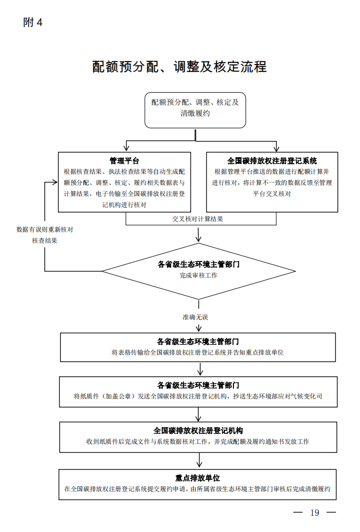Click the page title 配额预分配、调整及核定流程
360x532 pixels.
pos(179,67)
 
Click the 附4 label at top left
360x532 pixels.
pos(33,23)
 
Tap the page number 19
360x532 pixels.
pos(315,513)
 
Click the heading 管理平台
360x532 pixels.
pos(125,161)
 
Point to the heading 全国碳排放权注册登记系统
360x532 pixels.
pos(272,161)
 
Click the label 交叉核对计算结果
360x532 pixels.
pos(198,219)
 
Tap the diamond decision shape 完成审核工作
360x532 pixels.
pos(199,271)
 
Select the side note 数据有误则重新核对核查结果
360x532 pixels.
pos(45,235)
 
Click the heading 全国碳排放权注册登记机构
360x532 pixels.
pos(198,431)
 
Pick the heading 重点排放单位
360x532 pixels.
pos(198,478)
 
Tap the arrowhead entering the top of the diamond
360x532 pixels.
pos(199,237)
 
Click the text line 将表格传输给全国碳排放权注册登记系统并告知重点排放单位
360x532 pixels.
pos(198,353)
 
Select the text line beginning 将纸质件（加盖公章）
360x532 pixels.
pos(198,396)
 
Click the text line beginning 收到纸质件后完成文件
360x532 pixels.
pos(198,441)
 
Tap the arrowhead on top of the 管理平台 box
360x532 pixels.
pos(126,149)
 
